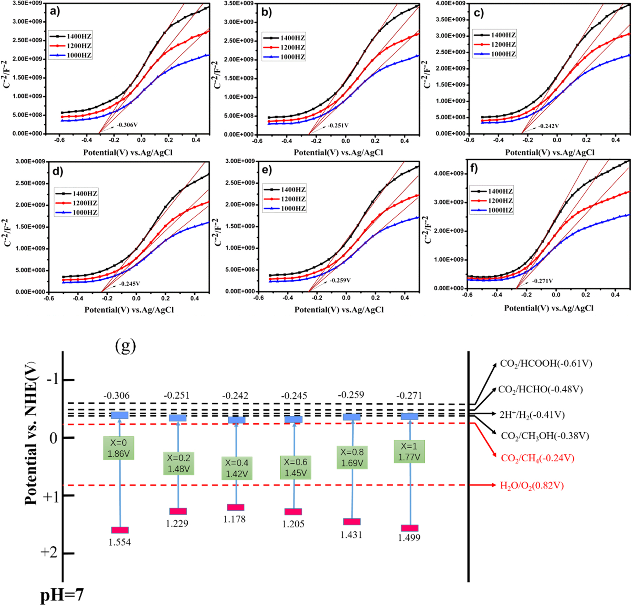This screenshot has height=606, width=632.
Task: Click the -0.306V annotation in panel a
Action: pyautogui.click(x=127, y=125)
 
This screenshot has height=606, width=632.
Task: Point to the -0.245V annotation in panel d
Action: pyautogui.click(x=129, y=284)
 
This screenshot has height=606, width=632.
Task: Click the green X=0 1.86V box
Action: pyautogui.click(x=118, y=448)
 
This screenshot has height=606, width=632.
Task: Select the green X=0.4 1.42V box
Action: pyautogui.click(x=237, y=468)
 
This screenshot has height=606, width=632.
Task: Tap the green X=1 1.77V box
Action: pyautogui.click(x=409, y=451)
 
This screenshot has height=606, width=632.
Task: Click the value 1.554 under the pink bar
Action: pyautogui.click(x=119, y=542)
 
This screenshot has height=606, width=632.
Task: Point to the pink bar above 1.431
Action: pyautogui.click(x=352, y=522)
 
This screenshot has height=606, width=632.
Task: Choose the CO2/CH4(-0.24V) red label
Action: pyautogui.click(x=537, y=458)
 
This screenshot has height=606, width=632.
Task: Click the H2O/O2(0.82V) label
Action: pyautogui.click(x=532, y=486)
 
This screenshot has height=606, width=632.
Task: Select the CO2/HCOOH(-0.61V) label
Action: pyautogui.click(x=546, y=364)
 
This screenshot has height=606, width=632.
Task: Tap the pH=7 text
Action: pyautogui.click(x=62, y=595)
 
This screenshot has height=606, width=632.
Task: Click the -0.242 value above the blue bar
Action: pyautogui.click(x=235, y=396)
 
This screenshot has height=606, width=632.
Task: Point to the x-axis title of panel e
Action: pyautogui.click(x=338, y=310)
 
